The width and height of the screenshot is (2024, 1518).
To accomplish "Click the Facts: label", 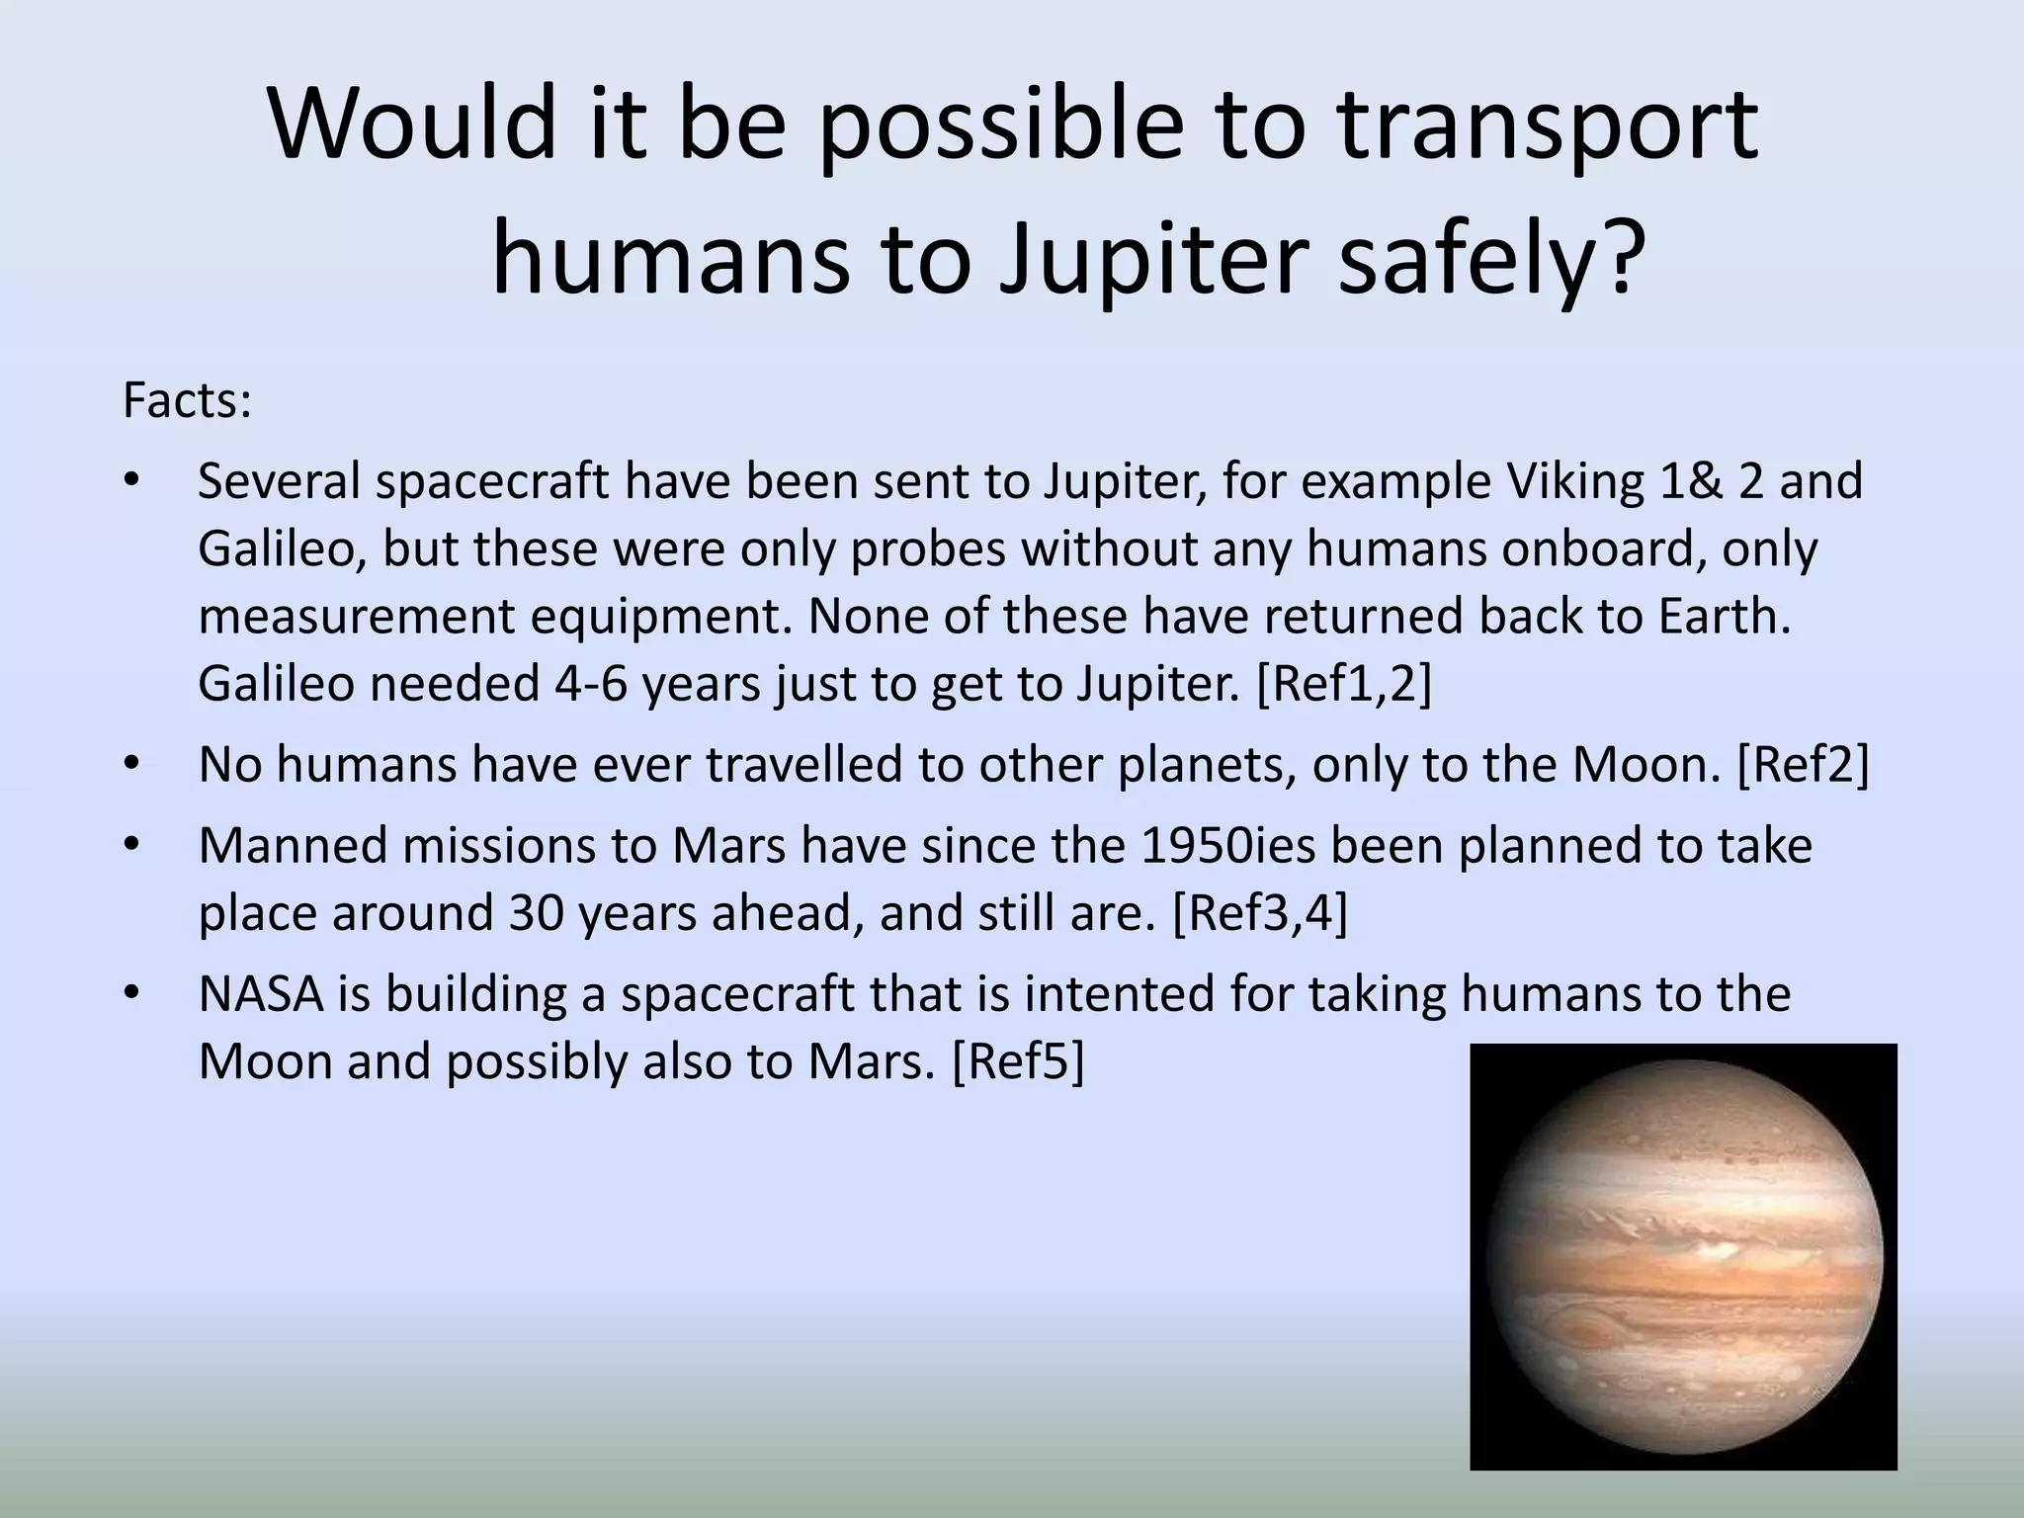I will pyautogui.click(x=187, y=401).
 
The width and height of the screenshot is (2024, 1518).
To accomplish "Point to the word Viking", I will pyautogui.click(x=1573, y=482).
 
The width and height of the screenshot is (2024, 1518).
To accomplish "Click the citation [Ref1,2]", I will pyautogui.click(x=1343, y=684).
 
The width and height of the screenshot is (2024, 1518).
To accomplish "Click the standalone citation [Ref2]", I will pyautogui.click(x=1803, y=765).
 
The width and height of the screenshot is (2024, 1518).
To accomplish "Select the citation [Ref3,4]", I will pyautogui.click(x=1259, y=913).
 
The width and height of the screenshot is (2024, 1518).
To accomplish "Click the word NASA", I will pyautogui.click(x=261, y=994).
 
